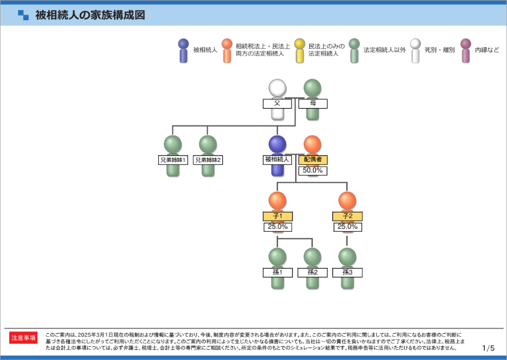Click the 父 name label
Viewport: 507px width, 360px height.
(x=277, y=103)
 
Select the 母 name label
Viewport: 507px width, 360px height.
(x=312, y=103)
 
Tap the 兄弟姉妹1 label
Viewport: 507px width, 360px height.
(x=173, y=160)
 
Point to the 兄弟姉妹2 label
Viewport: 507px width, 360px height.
(x=208, y=160)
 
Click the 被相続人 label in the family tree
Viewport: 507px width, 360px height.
(x=277, y=160)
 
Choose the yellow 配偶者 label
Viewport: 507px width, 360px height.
(x=312, y=160)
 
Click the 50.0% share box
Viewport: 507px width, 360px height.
(x=312, y=170)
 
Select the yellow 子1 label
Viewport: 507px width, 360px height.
(x=277, y=217)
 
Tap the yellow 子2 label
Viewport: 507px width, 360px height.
(x=347, y=217)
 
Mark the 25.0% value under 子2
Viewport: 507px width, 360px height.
(x=347, y=227)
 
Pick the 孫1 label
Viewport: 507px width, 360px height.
(x=277, y=272)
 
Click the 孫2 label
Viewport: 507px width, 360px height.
(x=312, y=272)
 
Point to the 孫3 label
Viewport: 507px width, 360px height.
(x=347, y=272)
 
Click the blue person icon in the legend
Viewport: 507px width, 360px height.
(x=184, y=50)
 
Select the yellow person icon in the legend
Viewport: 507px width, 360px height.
(x=300, y=50)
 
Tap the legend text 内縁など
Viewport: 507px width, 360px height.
(x=487, y=50)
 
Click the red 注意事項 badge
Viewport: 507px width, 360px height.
(x=24, y=338)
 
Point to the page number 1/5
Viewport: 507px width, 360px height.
(x=488, y=348)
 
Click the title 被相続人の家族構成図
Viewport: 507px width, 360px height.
(x=90, y=15)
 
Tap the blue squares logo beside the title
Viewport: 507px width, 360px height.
(x=23, y=15)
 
